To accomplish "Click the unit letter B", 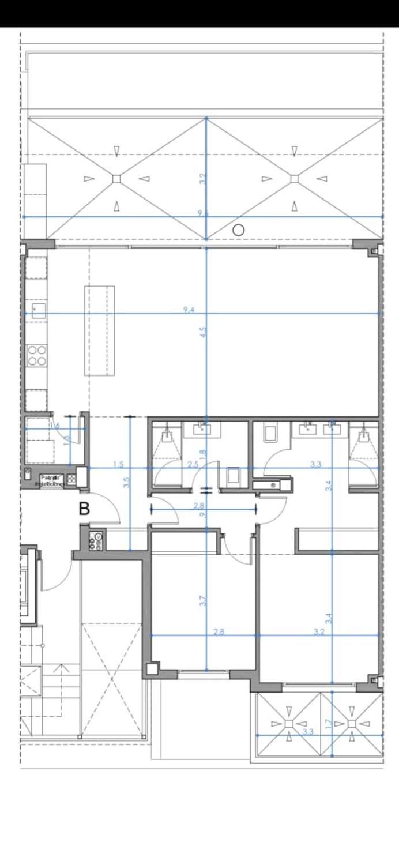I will (85, 509).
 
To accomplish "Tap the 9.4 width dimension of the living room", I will (189, 310).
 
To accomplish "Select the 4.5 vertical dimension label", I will (202, 332).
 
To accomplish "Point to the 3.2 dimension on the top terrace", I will (202, 179).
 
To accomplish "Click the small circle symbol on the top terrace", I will (238, 230).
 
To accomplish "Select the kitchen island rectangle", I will (99, 330).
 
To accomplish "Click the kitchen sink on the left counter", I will (37, 311).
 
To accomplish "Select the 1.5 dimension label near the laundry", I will (118, 465).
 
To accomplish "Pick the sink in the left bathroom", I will (202, 427).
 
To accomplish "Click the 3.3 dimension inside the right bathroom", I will (315, 465).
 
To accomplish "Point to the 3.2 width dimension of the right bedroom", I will (319, 632).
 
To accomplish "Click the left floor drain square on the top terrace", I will (116, 179).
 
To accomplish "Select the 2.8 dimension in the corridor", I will (202, 506).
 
